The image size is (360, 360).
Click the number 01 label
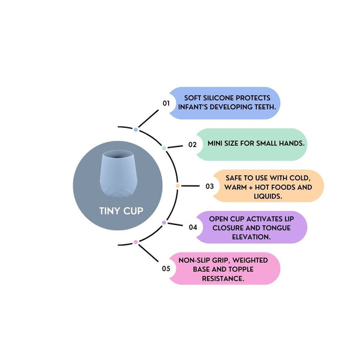pos(166,103)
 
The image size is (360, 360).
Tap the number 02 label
pos(193,145)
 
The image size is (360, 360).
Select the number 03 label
pos(209,186)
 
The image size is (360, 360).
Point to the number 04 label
pos(193,227)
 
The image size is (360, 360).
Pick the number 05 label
pos(166,268)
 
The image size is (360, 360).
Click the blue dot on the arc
pos(136,130)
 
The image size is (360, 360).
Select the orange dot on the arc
pos(178,186)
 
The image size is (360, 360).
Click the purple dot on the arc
pos(164,223)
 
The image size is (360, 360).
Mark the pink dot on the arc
pos(136,242)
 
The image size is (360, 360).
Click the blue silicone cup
pos(113,173)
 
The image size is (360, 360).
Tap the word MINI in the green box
pos(217,145)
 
